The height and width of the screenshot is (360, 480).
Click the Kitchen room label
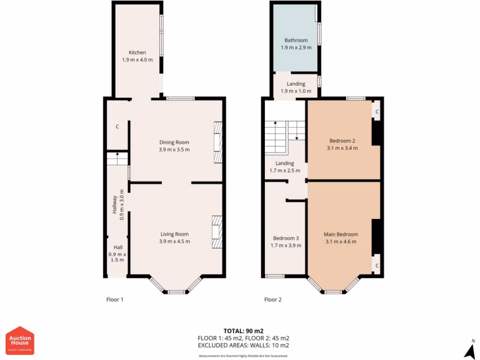(x=137, y=52)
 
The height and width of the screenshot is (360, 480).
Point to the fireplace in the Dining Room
(x=218, y=142)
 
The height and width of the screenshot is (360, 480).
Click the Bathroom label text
(x=296, y=40)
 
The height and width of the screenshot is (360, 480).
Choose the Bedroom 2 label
(x=342, y=141)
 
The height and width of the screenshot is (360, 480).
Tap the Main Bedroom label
(x=341, y=234)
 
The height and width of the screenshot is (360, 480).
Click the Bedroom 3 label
(x=286, y=238)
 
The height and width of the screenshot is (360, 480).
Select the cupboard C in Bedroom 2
(x=377, y=112)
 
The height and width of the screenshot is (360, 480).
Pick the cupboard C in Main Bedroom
(x=377, y=265)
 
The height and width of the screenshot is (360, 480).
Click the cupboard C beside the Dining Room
(x=117, y=127)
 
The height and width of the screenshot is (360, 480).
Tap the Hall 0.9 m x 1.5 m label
(x=117, y=254)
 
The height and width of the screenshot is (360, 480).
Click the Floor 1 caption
(x=115, y=300)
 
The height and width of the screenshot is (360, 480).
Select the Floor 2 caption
(x=273, y=300)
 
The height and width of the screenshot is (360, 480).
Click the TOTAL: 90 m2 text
(x=243, y=331)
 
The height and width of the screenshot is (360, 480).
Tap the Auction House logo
(x=20, y=340)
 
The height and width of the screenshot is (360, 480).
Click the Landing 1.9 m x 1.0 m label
(x=296, y=88)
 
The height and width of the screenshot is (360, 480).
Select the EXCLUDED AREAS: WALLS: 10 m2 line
(x=243, y=345)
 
